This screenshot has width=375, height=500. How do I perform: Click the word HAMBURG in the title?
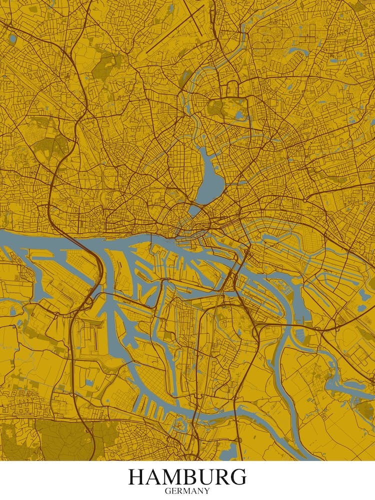pyautogui.click(x=187, y=477)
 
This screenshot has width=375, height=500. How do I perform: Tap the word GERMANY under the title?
pyautogui.click(x=187, y=491)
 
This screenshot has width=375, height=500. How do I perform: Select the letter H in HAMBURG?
pyautogui.click(x=137, y=477)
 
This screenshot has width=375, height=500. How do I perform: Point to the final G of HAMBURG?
pyautogui.click(x=237, y=477)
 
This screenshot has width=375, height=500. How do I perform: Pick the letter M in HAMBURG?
pyautogui.click(x=173, y=477)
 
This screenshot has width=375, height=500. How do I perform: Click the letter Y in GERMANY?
pyautogui.click(x=207, y=491)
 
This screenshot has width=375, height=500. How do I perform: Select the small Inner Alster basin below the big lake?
pyautogui.click(x=193, y=211)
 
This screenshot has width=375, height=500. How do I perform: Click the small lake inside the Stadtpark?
pyautogui.click(x=239, y=116)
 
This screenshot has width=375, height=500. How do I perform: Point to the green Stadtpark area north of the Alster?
pyautogui.click(x=220, y=107)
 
